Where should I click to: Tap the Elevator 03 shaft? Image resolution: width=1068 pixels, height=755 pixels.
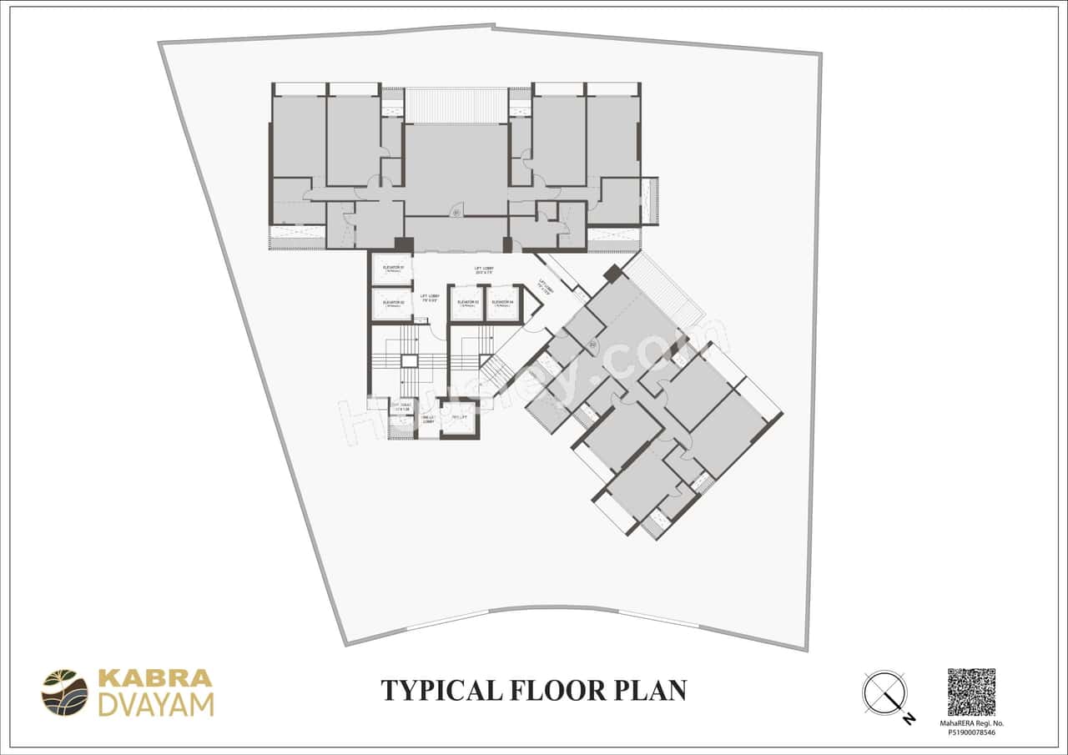coord(467,303)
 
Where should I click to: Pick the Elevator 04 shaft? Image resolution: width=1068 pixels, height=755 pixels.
coord(502,303)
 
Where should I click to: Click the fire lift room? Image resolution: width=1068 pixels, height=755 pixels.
coord(459,418)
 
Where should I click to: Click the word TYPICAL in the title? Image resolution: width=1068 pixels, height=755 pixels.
coord(438,691)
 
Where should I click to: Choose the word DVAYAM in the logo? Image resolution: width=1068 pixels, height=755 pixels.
coord(156,705)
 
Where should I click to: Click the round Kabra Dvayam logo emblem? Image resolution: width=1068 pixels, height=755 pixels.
coord(64,692)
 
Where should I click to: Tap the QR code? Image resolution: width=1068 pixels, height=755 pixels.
coord(971,692)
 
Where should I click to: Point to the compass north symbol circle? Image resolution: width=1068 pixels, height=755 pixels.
coord(884,693)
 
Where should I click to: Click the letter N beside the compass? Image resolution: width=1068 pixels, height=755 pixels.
coord(909,718)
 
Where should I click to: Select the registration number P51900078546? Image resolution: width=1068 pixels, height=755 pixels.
coord(972,732)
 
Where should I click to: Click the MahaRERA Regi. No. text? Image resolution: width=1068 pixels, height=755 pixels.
coord(972,723)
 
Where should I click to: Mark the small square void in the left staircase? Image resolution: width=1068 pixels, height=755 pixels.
coord(408,361)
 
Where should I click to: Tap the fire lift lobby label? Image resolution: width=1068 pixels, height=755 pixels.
coord(428,420)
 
